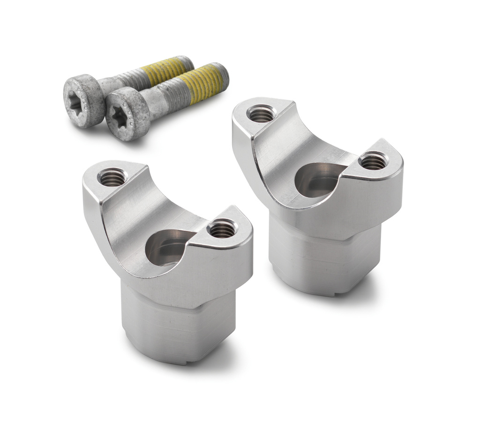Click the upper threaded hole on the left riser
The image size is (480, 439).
112,177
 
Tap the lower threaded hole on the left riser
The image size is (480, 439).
222,229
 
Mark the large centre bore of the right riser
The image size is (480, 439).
317,180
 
